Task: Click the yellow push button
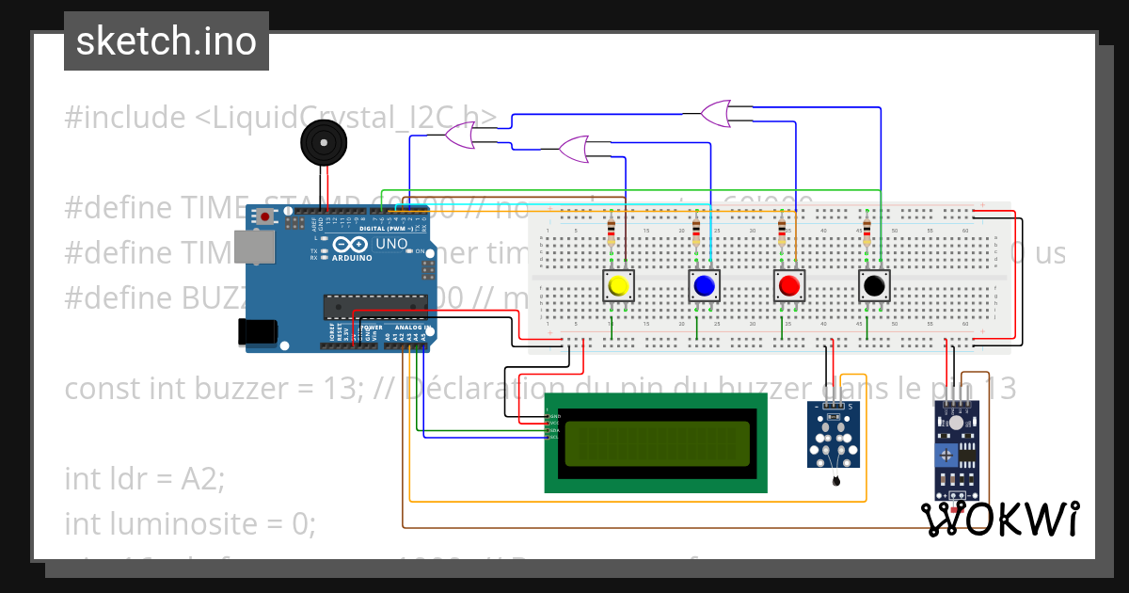(x=618, y=286)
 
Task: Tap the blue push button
(x=703, y=286)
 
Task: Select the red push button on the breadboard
(x=788, y=286)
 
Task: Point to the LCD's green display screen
(x=657, y=443)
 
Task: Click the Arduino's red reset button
(x=265, y=217)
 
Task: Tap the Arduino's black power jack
(x=256, y=330)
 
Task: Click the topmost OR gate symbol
(x=715, y=114)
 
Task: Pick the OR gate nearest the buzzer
(x=460, y=137)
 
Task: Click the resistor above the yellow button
(x=613, y=230)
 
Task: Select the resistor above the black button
(x=867, y=230)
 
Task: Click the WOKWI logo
(x=999, y=519)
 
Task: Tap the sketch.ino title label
(x=167, y=41)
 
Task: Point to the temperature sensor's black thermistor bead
(x=835, y=482)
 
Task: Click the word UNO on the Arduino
(x=391, y=244)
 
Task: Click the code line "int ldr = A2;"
(x=145, y=478)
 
